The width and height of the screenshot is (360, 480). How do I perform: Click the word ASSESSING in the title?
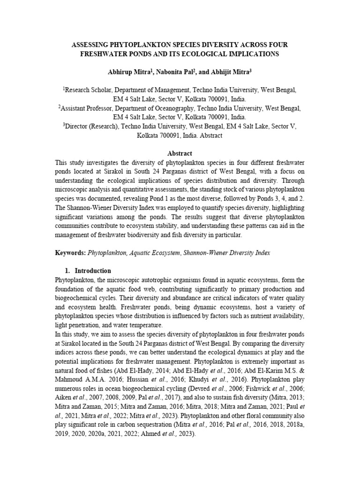pyautogui.click(x=90, y=45)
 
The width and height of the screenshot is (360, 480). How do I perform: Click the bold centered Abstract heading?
pyautogui.click(x=180, y=153)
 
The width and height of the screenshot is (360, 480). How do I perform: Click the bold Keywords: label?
pyautogui.click(x=70, y=253)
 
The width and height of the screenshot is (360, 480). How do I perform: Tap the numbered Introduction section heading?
pyautogui.click(x=93, y=271)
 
